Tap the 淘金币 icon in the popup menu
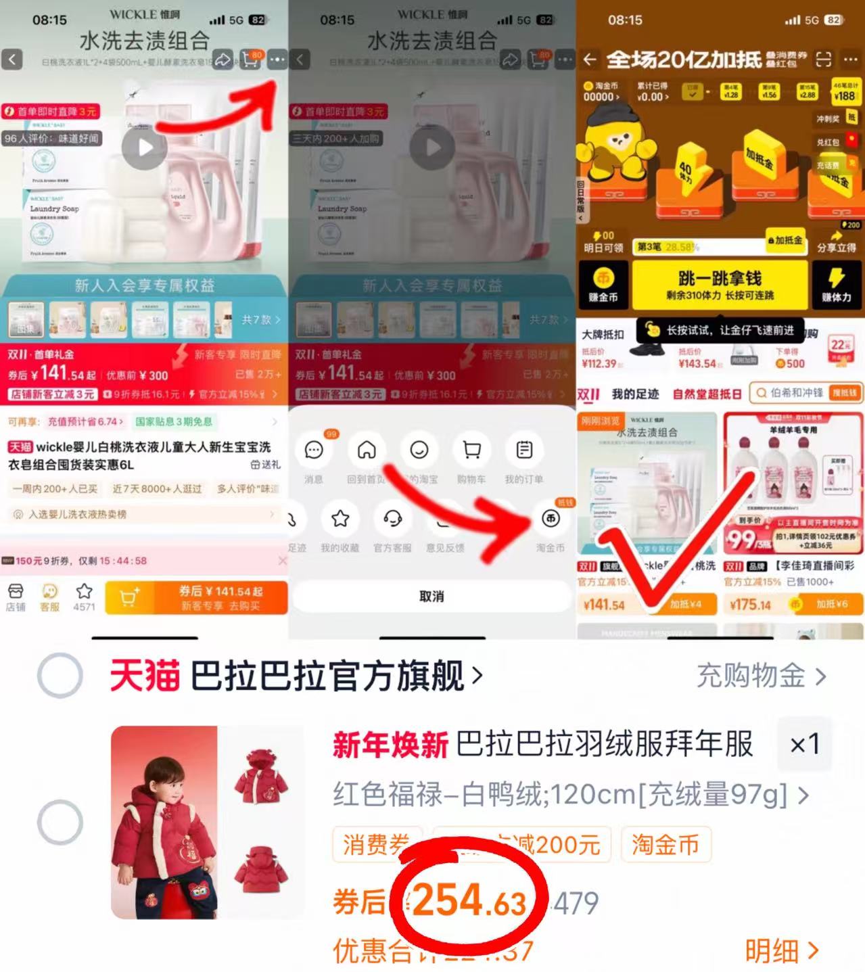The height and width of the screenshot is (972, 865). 551,519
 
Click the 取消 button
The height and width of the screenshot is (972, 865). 431,597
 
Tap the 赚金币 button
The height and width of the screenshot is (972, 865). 603,285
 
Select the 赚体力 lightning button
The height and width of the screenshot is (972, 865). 836,285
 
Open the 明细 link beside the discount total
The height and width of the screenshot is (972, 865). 782,950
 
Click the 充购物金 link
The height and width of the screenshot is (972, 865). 761,676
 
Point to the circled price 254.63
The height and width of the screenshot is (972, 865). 469,902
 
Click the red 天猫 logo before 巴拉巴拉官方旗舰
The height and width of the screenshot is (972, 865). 145,676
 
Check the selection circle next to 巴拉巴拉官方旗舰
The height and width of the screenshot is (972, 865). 60,675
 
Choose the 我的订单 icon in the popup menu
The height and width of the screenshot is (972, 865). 524,450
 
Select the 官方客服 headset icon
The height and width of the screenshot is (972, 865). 392,519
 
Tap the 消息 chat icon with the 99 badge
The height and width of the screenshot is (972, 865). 314,451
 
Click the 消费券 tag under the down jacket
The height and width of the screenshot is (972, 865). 376,845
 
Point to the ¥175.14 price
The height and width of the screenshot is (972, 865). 750,604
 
